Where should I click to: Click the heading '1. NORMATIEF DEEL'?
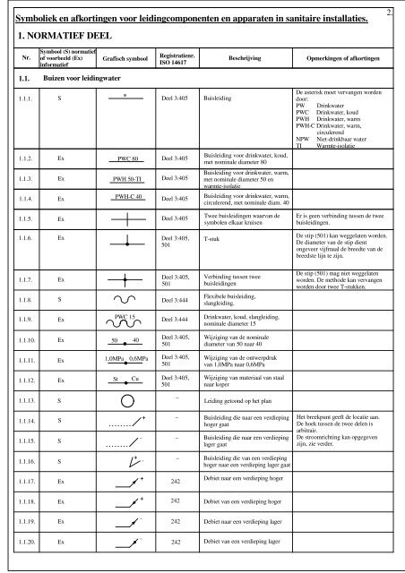pyautogui.click(x=61, y=36)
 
